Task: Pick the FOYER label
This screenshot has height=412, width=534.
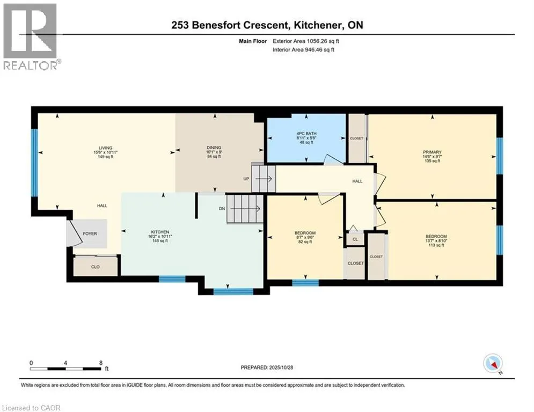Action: pos(89,234)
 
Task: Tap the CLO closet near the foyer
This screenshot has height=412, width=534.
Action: pos(96,266)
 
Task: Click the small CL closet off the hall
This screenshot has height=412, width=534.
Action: pos(355,239)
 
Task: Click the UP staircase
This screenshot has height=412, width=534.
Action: pos(263,178)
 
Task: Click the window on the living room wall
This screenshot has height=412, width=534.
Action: pos(34,162)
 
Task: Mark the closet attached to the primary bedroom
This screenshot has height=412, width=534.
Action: pos(356,138)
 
